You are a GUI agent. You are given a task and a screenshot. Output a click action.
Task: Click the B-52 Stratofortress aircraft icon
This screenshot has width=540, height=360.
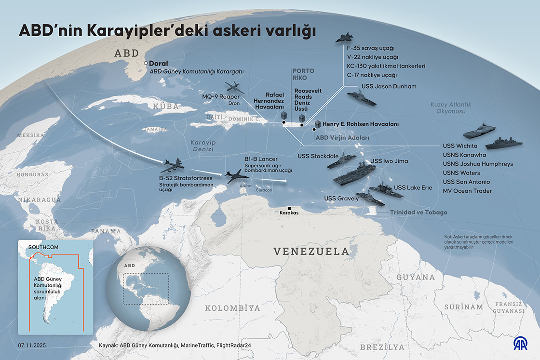(172, 165)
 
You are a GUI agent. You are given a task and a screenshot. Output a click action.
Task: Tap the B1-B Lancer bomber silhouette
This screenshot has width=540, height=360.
(237, 175)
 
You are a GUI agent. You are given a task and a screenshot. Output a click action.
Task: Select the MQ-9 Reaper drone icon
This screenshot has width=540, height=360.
(235, 88)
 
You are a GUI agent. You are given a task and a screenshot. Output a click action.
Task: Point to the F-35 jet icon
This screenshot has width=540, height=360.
(345, 38)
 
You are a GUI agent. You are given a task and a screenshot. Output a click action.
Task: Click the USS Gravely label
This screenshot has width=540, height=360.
(341, 199)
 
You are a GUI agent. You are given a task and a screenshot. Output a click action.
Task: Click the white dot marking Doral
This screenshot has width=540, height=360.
(146, 63)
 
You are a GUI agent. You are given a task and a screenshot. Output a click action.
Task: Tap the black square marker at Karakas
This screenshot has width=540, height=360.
(289, 208)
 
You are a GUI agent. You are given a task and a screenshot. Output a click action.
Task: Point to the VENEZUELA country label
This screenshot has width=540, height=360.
(311, 251)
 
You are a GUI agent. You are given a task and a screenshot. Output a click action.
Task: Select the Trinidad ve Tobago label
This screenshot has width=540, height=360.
(418, 213)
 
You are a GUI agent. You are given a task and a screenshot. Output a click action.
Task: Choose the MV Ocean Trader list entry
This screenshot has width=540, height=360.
(467, 191)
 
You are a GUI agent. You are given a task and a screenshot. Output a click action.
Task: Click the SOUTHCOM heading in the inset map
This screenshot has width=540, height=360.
(43, 247)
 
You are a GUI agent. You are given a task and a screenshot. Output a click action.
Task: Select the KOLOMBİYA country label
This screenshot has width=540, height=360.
(232, 308)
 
